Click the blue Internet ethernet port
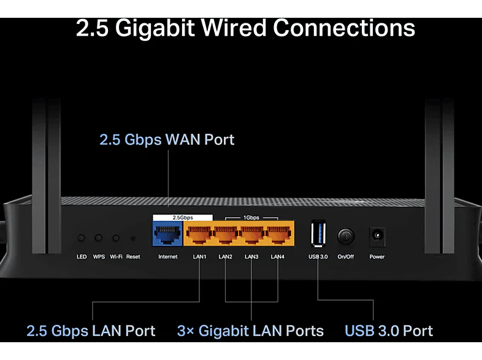[x=168, y=234]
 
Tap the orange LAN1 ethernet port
[x=199, y=234]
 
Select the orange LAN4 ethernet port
[x=279, y=234]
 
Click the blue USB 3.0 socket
[x=318, y=233]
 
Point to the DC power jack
[x=377, y=236]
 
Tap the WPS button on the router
[x=98, y=237]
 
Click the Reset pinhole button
[x=133, y=238]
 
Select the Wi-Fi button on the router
[x=116, y=238]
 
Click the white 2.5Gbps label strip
[x=183, y=218]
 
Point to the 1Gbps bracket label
[x=251, y=218]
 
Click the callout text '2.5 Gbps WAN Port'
[x=167, y=140]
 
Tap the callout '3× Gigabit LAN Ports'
[x=250, y=331]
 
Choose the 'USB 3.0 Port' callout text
[x=389, y=331]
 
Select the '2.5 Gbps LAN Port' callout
[x=91, y=331]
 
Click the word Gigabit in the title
[x=155, y=28]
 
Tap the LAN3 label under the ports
[x=251, y=257]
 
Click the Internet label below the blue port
[x=168, y=257]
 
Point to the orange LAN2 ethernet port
[x=226, y=234]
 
